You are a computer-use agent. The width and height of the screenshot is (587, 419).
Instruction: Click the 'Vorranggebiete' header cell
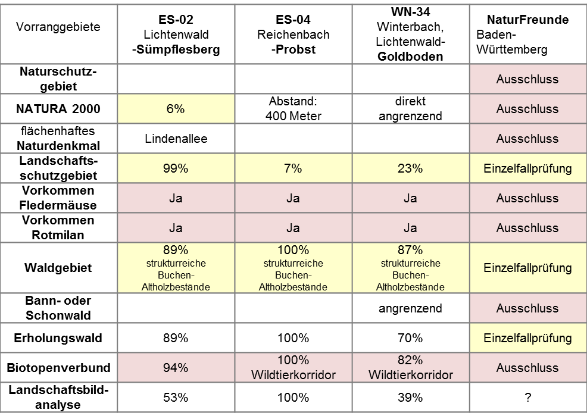58,27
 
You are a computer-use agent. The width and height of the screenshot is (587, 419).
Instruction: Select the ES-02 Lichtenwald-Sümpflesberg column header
176,35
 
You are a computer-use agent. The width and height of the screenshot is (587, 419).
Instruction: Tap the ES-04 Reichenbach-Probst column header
293,35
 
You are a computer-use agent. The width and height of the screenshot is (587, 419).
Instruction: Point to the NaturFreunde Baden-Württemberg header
527,35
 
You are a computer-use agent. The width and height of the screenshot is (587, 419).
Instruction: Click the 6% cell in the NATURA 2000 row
176,109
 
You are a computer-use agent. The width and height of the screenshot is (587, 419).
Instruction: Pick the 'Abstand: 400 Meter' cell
293,109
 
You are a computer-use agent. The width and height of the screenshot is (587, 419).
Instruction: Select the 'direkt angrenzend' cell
410,109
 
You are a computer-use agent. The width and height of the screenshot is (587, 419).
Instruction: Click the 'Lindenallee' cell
176,139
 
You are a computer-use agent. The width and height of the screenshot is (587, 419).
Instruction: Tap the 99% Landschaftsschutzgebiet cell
176,168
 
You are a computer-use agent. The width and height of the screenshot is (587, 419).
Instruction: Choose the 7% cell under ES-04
293,168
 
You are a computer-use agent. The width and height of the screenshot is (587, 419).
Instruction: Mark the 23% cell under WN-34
410,168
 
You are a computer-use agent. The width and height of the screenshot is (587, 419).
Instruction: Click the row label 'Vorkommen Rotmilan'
58,228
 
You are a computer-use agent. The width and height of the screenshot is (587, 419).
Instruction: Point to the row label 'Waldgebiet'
58,268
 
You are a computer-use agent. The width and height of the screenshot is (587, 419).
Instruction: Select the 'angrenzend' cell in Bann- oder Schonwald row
410,308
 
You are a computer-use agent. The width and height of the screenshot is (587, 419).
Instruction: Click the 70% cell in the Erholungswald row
410,338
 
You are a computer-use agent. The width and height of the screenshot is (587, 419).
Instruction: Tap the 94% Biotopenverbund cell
176,368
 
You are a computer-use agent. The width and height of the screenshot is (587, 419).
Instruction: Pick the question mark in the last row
527,398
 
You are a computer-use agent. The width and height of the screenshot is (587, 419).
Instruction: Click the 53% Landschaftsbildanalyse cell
176,398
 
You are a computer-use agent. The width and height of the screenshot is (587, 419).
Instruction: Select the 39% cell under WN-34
410,398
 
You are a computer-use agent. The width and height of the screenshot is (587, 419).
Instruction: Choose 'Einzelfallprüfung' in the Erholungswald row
527,338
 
